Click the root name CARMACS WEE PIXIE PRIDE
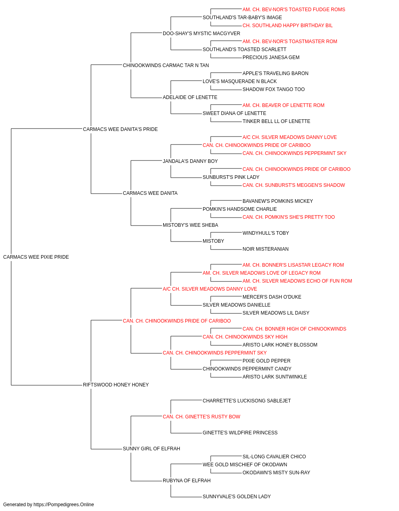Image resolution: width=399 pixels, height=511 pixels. [x=36, y=257]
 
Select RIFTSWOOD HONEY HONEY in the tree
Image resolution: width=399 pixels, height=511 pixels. [x=116, y=385]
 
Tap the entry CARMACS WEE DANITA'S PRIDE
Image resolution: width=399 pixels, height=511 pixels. [x=120, y=129]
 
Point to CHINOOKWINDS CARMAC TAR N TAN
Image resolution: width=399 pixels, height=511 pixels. [x=166, y=65]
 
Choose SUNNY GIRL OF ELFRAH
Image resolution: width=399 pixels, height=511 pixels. [x=152, y=449]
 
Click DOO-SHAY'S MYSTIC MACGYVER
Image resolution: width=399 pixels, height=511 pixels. [x=201, y=34]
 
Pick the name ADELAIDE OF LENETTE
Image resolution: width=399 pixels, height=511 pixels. [x=190, y=97]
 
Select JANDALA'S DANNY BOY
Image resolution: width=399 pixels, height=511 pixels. [x=190, y=161]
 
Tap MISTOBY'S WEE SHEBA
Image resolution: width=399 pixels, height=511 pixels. [x=191, y=225]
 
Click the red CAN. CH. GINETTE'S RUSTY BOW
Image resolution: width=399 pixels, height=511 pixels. [x=201, y=417]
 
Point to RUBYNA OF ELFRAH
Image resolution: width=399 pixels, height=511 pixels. [x=187, y=481]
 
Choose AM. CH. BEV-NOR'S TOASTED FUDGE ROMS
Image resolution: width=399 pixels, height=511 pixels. [x=294, y=10]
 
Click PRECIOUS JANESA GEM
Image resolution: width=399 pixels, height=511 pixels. [x=271, y=57]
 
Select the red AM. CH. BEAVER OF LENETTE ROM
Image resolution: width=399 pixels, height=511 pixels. [x=283, y=105]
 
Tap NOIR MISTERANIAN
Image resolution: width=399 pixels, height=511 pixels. [x=265, y=249]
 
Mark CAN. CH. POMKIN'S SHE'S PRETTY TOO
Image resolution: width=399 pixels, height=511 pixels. [x=289, y=217]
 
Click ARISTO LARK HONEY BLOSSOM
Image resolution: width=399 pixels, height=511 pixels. [x=280, y=345]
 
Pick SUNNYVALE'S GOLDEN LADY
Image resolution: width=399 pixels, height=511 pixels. [x=237, y=497]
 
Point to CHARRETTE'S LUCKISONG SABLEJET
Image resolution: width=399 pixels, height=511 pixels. [x=247, y=401]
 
